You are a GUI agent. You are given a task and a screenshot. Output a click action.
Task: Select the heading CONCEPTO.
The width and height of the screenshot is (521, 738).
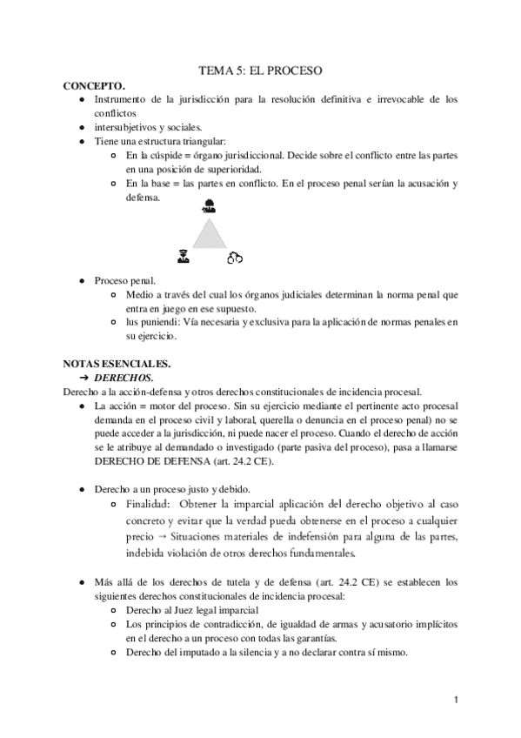(95, 86)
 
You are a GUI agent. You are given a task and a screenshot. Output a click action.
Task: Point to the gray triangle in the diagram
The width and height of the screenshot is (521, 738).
(208, 233)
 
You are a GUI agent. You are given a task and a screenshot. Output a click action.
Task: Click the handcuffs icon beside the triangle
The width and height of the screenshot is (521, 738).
(234, 257)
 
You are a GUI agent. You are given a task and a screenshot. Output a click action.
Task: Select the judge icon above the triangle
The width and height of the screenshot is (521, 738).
(208, 206)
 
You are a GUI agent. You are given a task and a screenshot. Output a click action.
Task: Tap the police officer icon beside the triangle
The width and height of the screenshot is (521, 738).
(183, 256)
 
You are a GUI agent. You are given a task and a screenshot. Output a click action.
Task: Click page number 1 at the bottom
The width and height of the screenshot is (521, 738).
(455, 699)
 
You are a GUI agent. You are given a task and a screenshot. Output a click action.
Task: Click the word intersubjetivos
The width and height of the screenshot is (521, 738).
(125, 127)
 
